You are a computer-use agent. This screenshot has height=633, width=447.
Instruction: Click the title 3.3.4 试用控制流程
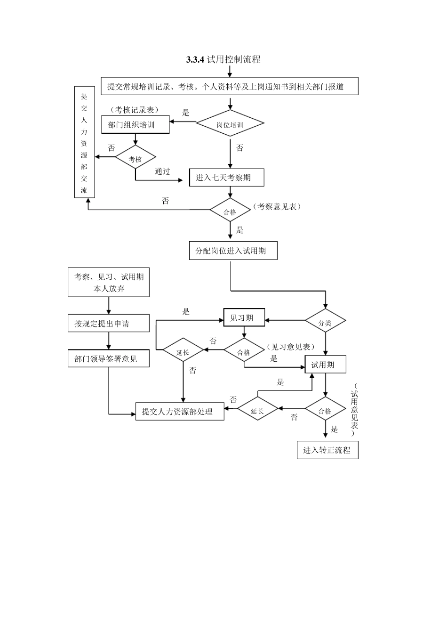[223, 59]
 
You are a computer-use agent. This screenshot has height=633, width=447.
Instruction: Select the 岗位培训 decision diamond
[230, 124]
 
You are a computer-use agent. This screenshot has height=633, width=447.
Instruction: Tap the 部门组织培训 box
[135, 125]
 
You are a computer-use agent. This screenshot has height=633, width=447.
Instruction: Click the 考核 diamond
[136, 159]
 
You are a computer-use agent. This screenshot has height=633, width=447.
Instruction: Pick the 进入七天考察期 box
[226, 178]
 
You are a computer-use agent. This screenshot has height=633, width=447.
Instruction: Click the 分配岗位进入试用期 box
[230, 251]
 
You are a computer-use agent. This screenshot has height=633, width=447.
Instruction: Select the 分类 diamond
[325, 323]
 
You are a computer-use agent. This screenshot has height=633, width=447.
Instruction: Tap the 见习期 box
[244, 318]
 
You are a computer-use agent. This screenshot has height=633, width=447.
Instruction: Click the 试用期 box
[326, 365]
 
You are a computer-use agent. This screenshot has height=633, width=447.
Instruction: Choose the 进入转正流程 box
[327, 450]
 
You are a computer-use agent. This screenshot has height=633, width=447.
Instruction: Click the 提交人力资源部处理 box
[180, 411]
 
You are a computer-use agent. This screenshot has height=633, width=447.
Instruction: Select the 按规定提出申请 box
[108, 324]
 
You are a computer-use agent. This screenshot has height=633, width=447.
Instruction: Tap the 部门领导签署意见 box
[108, 358]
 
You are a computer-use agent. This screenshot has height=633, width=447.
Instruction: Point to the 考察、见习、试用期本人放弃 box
[108, 283]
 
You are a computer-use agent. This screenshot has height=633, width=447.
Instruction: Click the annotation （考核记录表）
[135, 109]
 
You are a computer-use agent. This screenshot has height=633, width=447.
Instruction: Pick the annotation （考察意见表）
[277, 206]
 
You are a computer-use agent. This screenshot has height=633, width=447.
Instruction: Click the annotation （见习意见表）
[290, 347]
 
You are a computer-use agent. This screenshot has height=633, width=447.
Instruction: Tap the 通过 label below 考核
[162, 171]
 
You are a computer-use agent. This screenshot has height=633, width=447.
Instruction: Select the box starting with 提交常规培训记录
[229, 86]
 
